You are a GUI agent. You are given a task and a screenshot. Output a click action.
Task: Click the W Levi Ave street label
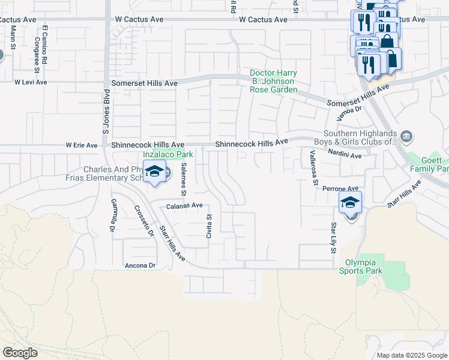click(31, 82)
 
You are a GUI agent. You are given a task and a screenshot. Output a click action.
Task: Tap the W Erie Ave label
click(81, 145)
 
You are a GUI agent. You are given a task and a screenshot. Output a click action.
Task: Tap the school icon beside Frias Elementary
click(155, 172)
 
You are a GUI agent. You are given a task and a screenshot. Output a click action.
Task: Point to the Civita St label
click(209, 227)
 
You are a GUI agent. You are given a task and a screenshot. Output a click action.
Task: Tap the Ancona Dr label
click(140, 265)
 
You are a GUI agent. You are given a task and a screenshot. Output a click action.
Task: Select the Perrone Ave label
click(340, 188)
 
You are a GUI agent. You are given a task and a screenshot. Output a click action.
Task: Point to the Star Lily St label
click(333, 238)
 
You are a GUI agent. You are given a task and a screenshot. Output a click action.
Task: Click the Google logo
click(20, 353)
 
